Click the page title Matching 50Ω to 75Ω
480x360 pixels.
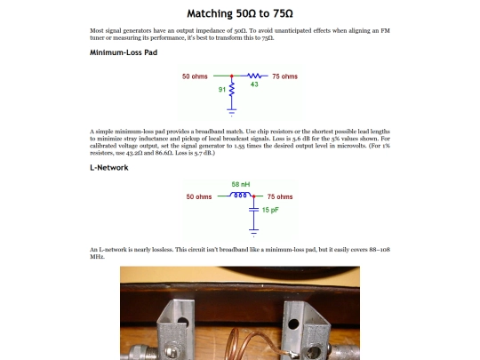click(x=240, y=13)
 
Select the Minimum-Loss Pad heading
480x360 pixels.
click(x=124, y=52)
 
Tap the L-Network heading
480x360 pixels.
click(x=109, y=167)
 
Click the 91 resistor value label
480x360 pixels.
click(x=222, y=90)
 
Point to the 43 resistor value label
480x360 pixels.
click(x=254, y=84)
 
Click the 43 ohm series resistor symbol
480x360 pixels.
click(x=254, y=76)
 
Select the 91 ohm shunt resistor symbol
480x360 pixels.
click(x=232, y=89)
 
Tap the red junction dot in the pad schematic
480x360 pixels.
click(x=232, y=76)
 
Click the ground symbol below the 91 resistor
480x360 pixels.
click(x=232, y=112)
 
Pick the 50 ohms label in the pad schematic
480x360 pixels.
click(x=195, y=76)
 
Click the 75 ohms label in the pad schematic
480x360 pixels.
click(x=285, y=76)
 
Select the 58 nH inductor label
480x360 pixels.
click(x=241, y=184)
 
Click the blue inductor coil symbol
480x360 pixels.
click(x=240, y=195)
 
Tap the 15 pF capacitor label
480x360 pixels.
click(x=270, y=210)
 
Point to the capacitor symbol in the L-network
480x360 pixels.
click(x=253, y=210)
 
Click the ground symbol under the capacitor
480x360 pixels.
click(x=253, y=233)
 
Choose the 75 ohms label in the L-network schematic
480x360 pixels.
click(x=280, y=196)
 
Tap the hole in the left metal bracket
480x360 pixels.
click(x=183, y=322)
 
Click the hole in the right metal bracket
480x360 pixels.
click(x=293, y=324)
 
